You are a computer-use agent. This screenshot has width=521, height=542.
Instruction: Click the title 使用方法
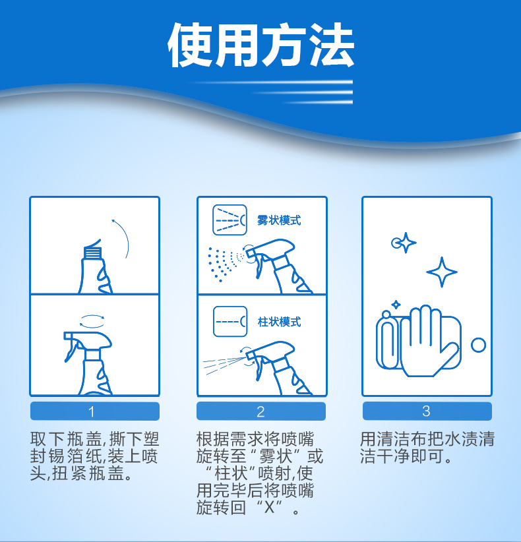261,45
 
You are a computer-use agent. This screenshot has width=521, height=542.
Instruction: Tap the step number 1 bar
95,411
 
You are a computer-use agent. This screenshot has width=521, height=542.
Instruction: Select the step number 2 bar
261,411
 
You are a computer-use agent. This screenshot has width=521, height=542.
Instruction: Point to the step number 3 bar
427,411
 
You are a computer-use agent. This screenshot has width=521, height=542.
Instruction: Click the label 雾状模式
279,220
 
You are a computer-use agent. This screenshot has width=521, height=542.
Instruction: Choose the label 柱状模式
279,322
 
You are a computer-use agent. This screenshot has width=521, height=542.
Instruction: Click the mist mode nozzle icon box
230,220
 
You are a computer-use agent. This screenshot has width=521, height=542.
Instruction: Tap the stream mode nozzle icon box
230,322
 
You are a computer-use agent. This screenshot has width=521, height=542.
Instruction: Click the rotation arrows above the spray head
92,320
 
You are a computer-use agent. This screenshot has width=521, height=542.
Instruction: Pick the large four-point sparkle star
442,272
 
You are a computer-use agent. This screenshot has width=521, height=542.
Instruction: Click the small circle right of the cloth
479,345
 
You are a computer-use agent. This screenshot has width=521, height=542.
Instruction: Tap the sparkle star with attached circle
404,243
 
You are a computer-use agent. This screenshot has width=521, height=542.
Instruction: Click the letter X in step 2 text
269,507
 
